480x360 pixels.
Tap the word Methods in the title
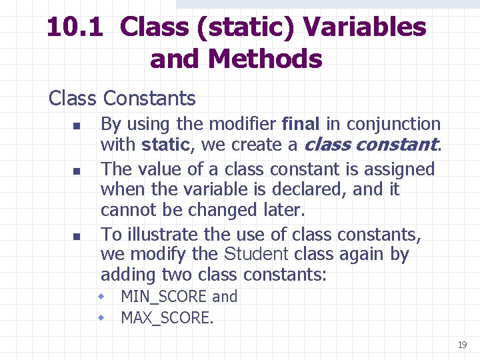265,59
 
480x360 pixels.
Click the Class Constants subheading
122,99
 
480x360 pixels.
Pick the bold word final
301,124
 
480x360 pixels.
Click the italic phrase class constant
371,145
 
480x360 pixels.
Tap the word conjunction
393,124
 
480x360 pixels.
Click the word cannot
124,210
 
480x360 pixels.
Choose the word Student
257,255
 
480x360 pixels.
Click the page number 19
462,345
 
